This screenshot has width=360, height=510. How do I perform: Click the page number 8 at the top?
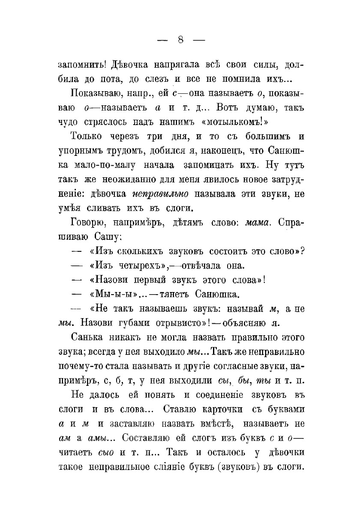coord(180,40)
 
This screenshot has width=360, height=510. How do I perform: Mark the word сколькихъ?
coord(133,251)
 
